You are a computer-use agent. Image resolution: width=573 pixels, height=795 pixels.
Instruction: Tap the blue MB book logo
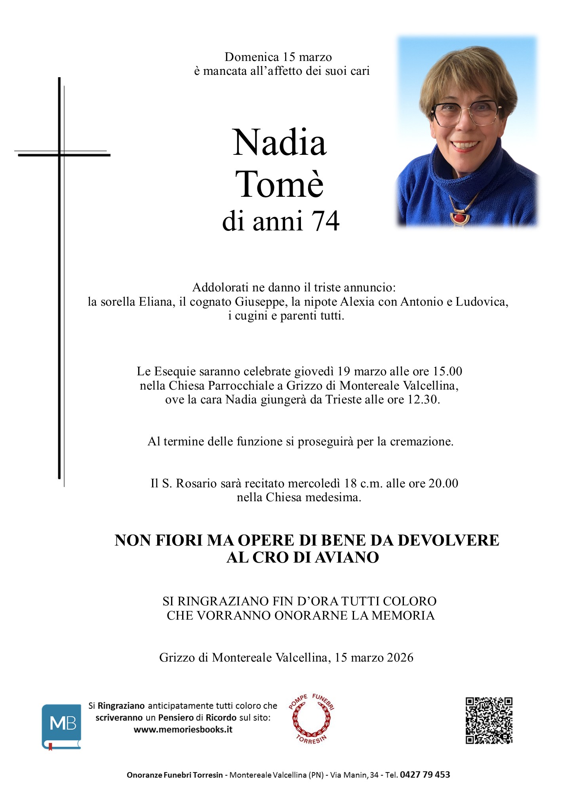(x=61, y=726)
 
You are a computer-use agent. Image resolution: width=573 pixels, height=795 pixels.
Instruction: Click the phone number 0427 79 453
(x=425, y=775)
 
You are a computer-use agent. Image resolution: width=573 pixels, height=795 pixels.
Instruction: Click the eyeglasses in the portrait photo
(x=465, y=112)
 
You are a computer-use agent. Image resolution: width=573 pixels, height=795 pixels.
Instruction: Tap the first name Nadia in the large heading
(x=280, y=143)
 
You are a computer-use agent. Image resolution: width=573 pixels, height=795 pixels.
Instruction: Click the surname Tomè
(x=280, y=184)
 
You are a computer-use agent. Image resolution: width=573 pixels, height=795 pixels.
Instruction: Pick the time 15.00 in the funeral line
(x=447, y=371)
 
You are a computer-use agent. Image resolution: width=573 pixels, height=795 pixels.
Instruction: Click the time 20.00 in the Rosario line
(x=444, y=483)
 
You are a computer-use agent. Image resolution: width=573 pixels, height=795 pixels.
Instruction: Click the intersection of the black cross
(x=59, y=155)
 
